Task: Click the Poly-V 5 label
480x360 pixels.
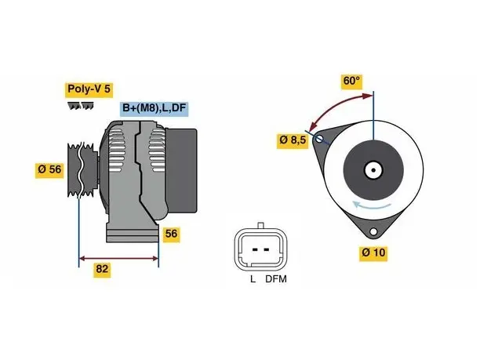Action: [x=89, y=89]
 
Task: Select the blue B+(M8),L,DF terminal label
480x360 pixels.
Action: [x=154, y=108]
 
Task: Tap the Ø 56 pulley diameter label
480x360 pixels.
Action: [x=49, y=169]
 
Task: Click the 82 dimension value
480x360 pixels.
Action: [x=102, y=269]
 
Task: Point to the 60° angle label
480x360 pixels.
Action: [x=351, y=82]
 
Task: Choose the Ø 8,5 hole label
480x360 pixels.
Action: [x=293, y=140]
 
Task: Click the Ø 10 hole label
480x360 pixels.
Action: [x=373, y=253]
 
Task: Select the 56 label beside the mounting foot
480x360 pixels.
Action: [x=171, y=234]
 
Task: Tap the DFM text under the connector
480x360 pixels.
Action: [x=276, y=279]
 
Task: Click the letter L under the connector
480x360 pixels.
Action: [x=253, y=279]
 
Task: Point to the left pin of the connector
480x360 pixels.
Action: [x=255, y=249]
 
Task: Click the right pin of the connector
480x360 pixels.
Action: [x=267, y=249]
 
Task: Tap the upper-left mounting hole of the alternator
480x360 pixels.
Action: [x=319, y=140]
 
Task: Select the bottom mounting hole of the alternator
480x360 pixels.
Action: [x=373, y=231]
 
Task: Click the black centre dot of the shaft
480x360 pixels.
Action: [x=373, y=170]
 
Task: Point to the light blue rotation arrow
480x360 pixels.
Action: [x=371, y=206]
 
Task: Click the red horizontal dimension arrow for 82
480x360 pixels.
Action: [x=118, y=259]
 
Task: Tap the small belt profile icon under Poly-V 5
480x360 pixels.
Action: [x=81, y=106]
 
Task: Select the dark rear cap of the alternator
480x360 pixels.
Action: [x=181, y=170]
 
